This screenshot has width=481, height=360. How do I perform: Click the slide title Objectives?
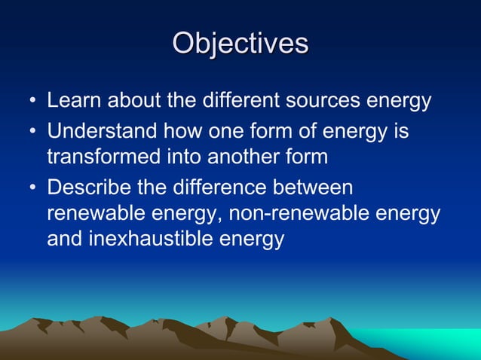(x=240, y=43)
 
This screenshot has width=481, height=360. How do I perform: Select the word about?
(x=132, y=101)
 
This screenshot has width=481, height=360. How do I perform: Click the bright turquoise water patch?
(x=430, y=342)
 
